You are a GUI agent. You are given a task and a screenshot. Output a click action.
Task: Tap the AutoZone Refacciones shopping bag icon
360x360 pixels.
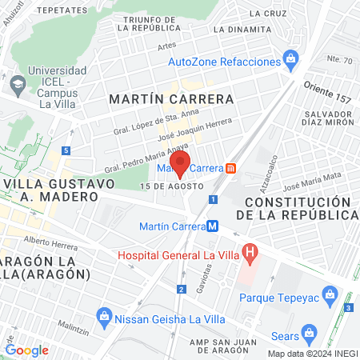tap(290, 59)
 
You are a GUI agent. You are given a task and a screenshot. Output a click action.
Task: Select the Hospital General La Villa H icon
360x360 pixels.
tap(250, 255)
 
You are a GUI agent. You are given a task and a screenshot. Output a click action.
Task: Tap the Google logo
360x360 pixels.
tap(27, 350)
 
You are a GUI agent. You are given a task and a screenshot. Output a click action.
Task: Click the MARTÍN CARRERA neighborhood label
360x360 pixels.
tap(171, 99)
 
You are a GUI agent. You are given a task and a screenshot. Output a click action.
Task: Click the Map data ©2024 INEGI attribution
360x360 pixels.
tap(311, 353)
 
